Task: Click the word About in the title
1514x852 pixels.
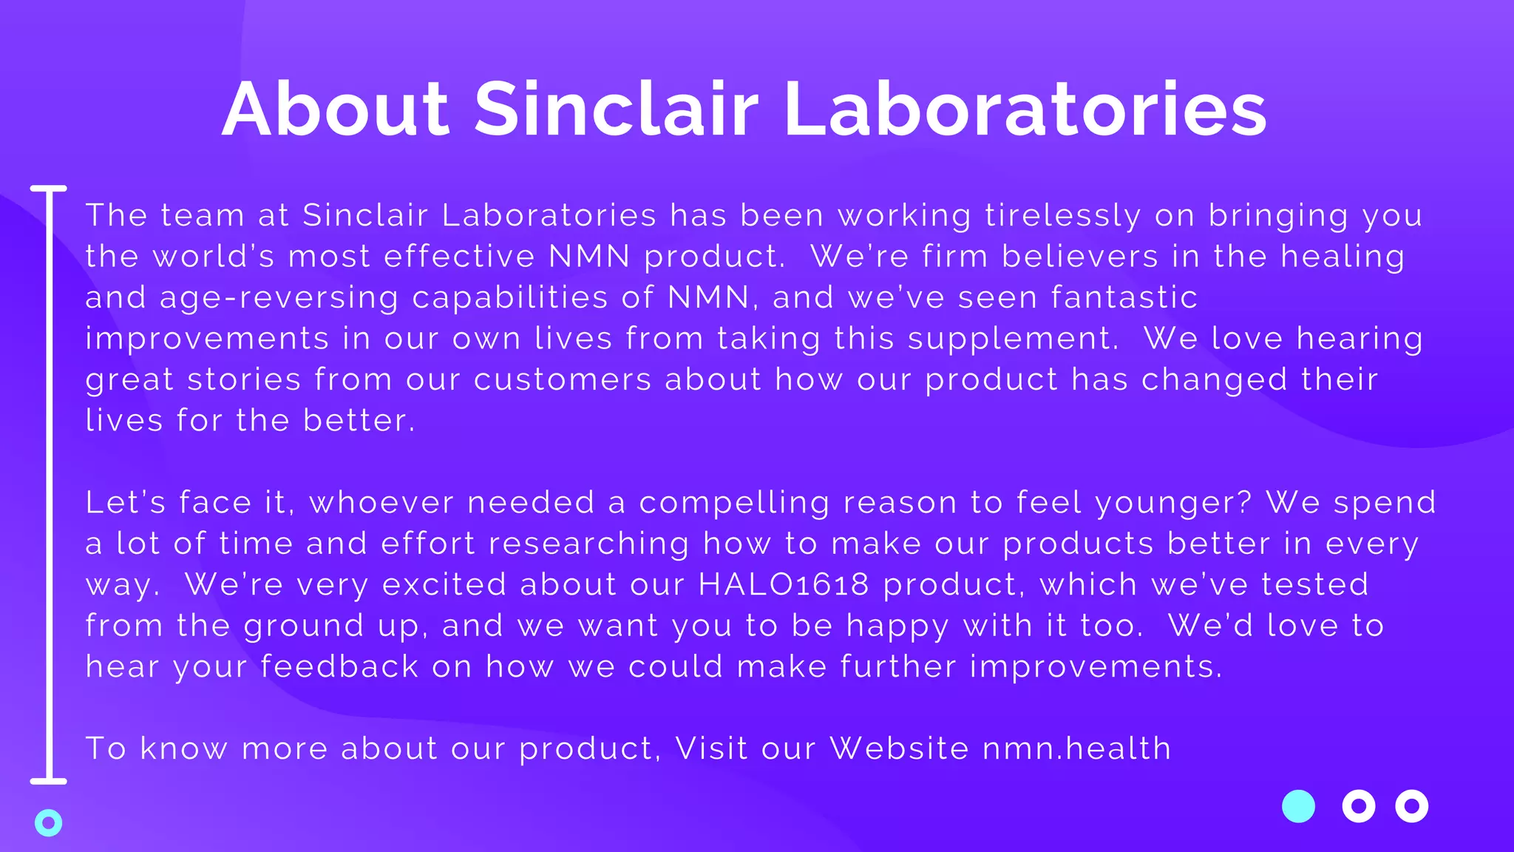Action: (x=336, y=109)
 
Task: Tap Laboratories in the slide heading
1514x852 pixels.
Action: (x=1025, y=109)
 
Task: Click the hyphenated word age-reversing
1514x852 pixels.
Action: (x=279, y=298)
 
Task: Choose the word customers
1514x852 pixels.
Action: (x=563, y=379)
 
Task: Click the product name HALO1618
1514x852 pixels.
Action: (x=784, y=584)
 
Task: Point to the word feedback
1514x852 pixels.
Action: (x=339, y=666)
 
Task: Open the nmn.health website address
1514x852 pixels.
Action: (x=1077, y=748)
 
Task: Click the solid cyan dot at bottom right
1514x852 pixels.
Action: (x=1298, y=806)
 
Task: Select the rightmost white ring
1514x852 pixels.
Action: (x=1411, y=806)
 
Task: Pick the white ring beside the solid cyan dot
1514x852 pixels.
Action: (x=1358, y=806)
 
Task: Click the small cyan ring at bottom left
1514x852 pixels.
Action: (x=49, y=822)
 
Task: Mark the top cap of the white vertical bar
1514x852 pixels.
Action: (x=49, y=189)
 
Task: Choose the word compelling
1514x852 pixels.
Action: (x=734, y=503)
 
